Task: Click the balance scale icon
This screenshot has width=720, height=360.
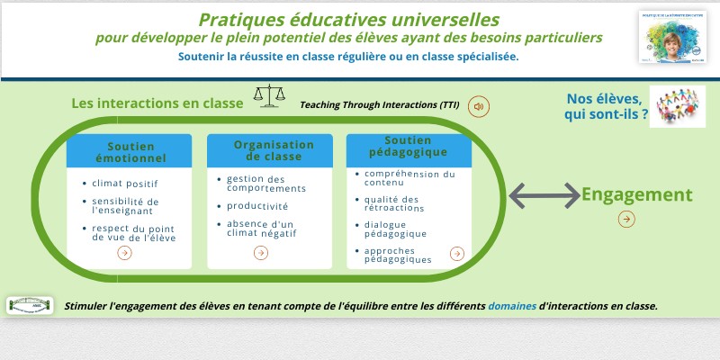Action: [x=268, y=96]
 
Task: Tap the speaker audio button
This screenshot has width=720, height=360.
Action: [x=479, y=106]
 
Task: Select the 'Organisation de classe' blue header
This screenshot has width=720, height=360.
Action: [x=274, y=150]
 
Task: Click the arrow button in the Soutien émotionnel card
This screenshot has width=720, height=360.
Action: [x=124, y=253]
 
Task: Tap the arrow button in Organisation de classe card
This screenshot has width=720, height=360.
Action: [x=260, y=253]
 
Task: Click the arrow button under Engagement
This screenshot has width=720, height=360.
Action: [x=626, y=219]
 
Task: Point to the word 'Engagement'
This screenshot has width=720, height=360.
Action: [x=636, y=194]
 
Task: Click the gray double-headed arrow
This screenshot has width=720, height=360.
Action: [x=544, y=194]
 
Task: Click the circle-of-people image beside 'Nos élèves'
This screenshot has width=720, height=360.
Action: [x=677, y=107]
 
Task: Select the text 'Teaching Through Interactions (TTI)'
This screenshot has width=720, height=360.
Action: [x=379, y=105]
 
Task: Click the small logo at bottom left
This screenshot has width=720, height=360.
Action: [x=29, y=306]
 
